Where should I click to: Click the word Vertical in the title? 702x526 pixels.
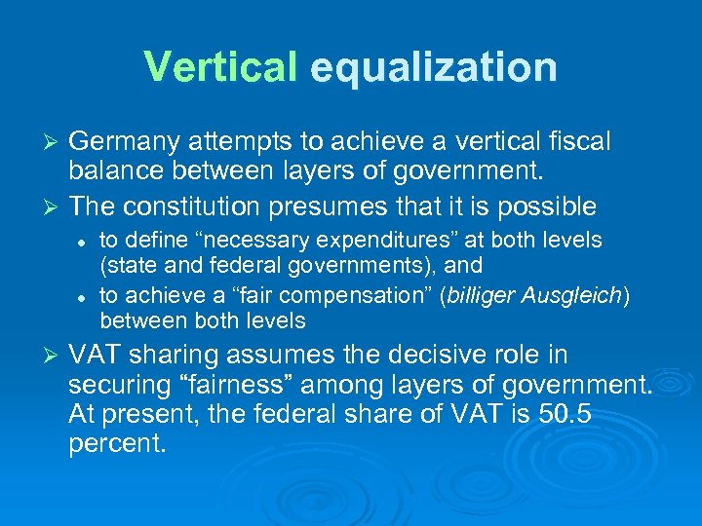pos(219,67)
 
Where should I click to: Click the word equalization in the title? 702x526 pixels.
pos(433,67)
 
